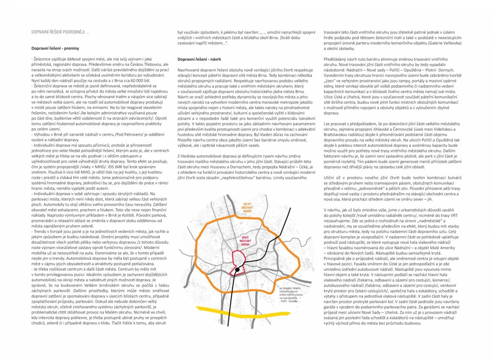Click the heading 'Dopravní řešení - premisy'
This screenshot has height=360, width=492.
click(55, 48)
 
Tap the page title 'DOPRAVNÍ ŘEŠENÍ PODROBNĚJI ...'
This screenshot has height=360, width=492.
click(60, 32)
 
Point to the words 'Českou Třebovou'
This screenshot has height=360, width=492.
click(151, 65)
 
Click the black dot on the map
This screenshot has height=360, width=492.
click(237, 270)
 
